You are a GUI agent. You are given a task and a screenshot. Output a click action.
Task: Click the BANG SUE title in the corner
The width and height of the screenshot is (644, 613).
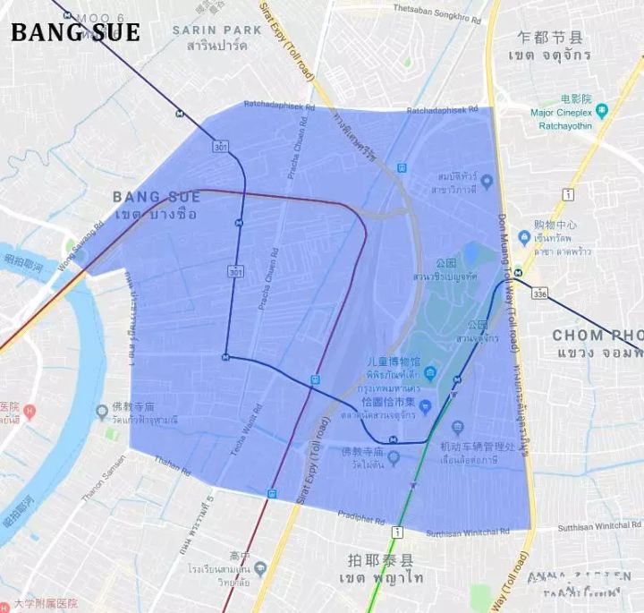point(75,33)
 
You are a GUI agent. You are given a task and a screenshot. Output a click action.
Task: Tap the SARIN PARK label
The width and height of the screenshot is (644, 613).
point(217,30)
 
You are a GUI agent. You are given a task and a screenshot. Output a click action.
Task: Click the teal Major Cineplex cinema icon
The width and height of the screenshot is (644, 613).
point(602,111)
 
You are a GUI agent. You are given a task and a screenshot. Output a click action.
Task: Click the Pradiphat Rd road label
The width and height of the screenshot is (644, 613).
point(362,522)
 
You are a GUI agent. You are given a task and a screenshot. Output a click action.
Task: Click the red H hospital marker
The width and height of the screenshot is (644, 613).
point(30,412)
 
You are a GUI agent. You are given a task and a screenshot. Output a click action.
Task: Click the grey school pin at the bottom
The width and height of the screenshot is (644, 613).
point(259,567)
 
